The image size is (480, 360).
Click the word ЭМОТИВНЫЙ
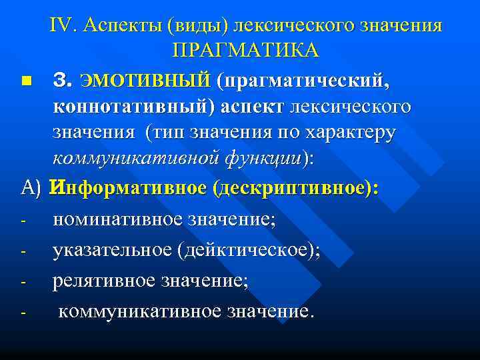coord(145,81)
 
